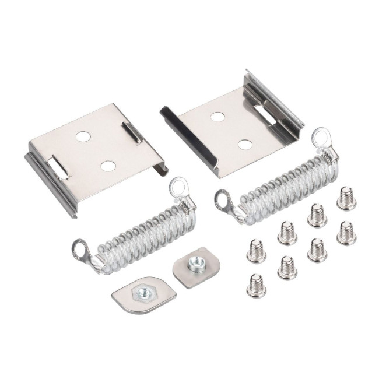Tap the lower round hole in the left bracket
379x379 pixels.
click(107, 166)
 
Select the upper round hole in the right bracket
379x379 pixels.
click(217, 117)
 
